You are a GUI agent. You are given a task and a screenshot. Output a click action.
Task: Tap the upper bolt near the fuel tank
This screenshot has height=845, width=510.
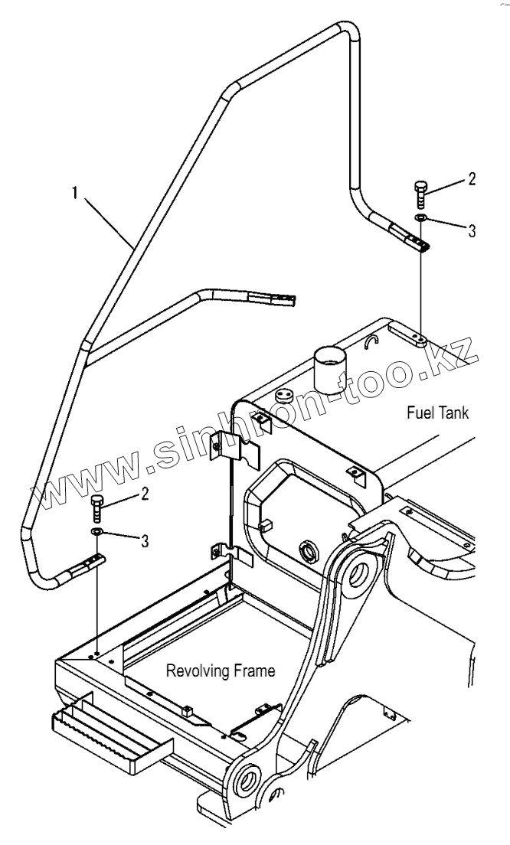click(420, 193)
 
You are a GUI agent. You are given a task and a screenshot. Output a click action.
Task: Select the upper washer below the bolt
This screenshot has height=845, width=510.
click(420, 218)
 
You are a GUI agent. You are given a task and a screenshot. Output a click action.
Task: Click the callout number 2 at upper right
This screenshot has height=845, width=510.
click(472, 179)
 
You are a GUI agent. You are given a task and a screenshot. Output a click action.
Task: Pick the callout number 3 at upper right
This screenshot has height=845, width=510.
click(472, 230)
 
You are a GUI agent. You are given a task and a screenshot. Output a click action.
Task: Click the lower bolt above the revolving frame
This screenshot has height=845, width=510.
click(96, 507)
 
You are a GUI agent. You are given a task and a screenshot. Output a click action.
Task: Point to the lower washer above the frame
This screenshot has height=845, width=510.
click(96, 531)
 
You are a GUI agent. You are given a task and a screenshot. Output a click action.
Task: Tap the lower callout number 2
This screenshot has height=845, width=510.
click(144, 494)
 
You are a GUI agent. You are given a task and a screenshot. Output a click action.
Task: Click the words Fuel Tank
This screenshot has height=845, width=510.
click(437, 413)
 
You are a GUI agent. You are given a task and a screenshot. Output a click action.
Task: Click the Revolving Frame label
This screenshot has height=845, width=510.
click(221, 671)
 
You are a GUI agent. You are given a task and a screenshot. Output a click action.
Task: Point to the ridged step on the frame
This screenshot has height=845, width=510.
click(107, 728)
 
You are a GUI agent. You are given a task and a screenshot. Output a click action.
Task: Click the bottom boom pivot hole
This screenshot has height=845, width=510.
click(249, 782)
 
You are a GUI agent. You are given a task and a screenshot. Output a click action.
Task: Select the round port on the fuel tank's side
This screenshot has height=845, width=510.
click(310, 550)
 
